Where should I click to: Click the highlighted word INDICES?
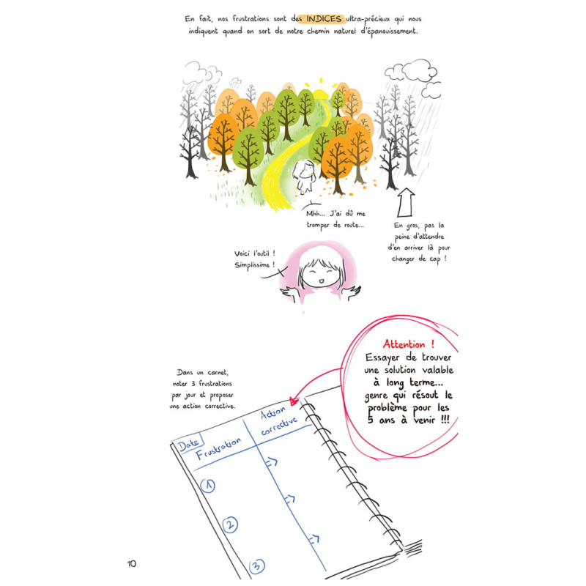tap(324, 19)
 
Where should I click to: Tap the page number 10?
tap(132, 563)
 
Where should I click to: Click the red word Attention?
tap(404, 344)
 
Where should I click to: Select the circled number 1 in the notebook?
tap(208, 486)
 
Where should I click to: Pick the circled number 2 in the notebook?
tap(230, 524)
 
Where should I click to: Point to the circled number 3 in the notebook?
tap(257, 565)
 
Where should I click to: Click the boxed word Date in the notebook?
tap(188, 444)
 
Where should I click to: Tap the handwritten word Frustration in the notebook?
tap(218, 448)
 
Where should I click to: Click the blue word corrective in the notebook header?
tap(279, 426)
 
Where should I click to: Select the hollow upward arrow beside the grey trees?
tap(406, 202)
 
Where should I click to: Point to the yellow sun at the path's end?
tap(320, 92)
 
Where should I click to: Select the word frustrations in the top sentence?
tap(251, 19)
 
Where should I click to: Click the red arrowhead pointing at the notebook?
tap(294, 401)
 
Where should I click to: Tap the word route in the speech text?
tap(351, 225)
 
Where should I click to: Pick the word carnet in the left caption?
tap(217, 373)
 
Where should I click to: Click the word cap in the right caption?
tap(434, 259)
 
